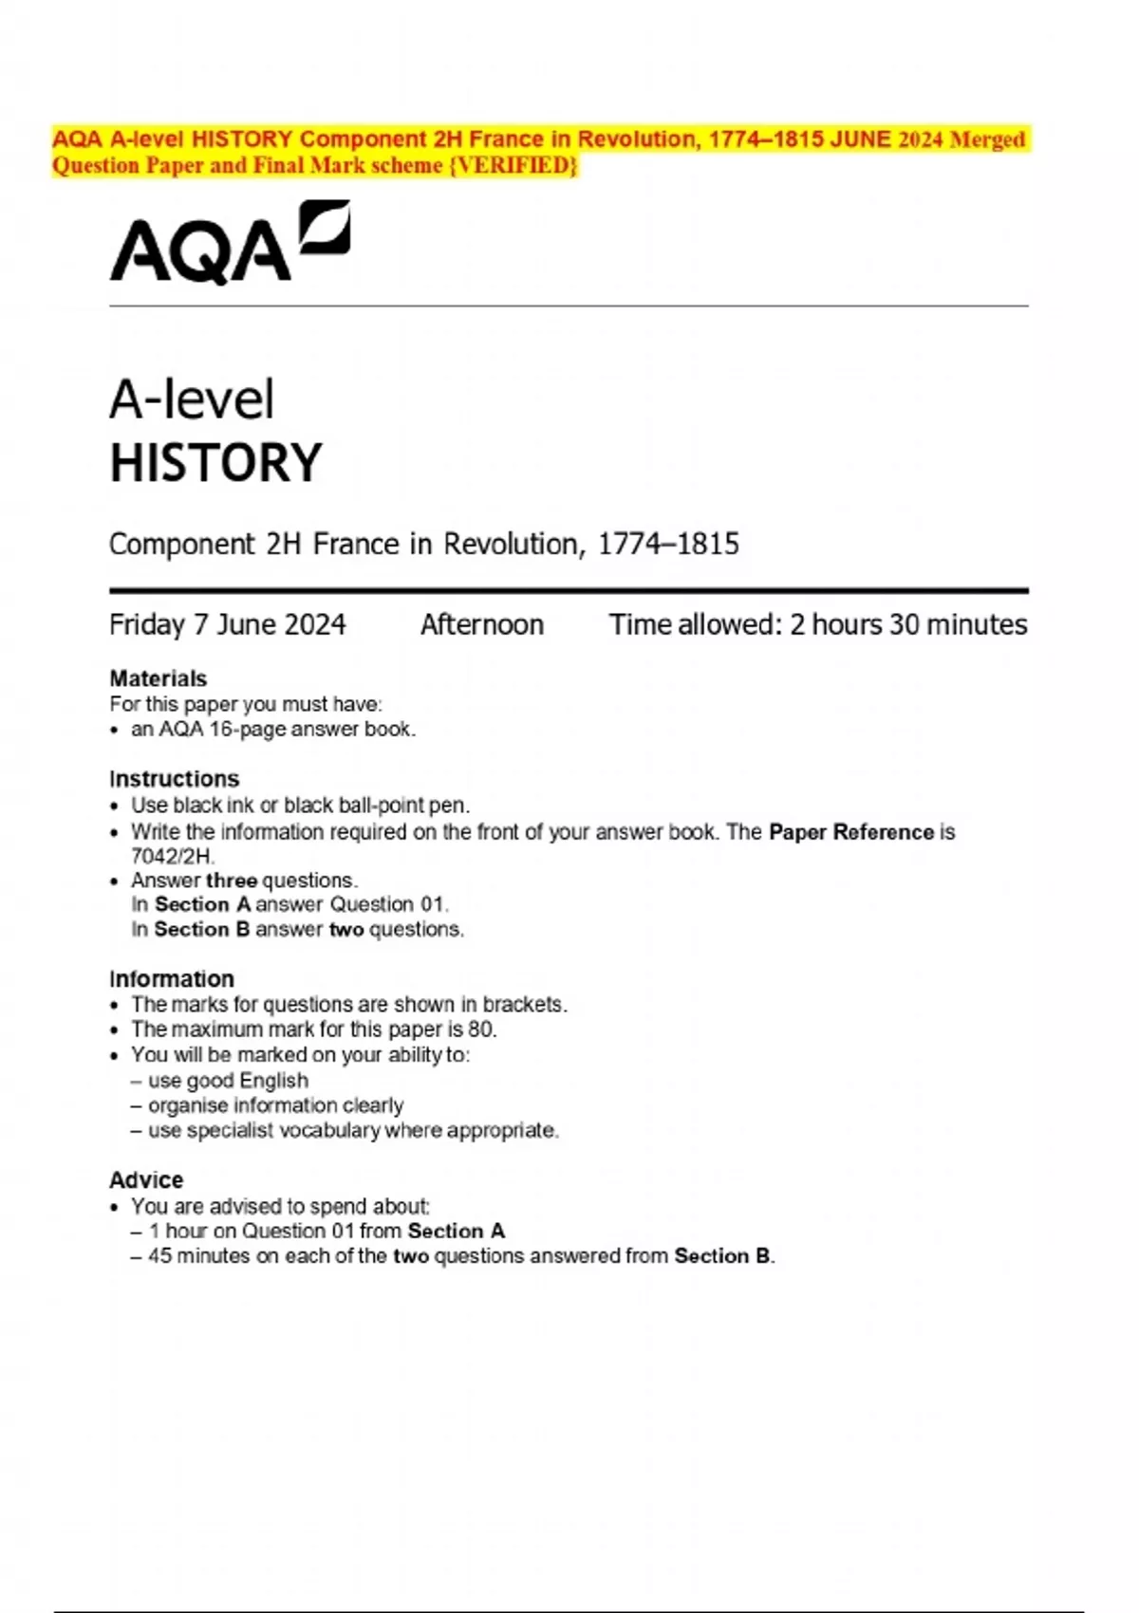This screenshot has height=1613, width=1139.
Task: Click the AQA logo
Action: coord(230,243)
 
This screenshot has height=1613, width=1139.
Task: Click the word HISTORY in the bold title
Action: coord(216,463)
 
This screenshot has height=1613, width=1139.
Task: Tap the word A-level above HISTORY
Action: coord(192,399)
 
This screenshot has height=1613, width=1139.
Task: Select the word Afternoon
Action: coord(482,624)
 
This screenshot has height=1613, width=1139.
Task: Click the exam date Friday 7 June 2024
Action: coord(228,624)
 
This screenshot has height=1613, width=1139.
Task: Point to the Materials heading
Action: coord(158,678)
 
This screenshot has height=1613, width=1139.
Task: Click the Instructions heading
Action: coord(175,779)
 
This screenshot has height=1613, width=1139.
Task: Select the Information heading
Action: coord(172,979)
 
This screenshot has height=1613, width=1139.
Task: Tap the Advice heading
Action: coord(146,1179)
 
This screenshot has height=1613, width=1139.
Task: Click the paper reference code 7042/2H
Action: coord(172,856)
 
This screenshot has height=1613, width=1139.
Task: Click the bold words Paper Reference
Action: coord(851,832)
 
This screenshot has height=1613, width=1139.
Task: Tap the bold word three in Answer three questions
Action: coord(232,881)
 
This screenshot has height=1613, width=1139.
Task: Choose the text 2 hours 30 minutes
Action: coord(908,624)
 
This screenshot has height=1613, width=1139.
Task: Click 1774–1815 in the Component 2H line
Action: coord(668,545)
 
